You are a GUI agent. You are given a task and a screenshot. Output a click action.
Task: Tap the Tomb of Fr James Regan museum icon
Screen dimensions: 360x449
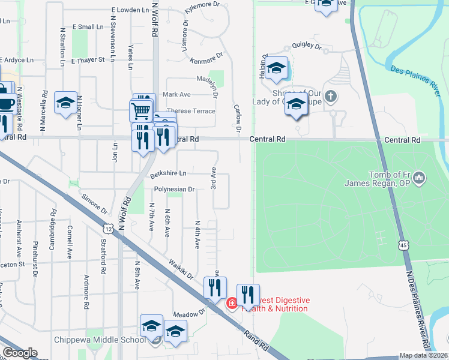[x=420, y=178]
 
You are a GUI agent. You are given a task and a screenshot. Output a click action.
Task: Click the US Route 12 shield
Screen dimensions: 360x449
[x=108, y=229]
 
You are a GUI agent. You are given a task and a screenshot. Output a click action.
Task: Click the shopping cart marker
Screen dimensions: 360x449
[x=140, y=110]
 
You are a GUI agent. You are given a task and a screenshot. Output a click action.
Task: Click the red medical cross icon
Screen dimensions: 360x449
[x=231, y=304]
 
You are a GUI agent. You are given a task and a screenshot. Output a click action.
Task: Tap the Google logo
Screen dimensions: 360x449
[x=20, y=352]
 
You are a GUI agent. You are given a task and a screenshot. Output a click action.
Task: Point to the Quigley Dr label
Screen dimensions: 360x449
[x=307, y=46]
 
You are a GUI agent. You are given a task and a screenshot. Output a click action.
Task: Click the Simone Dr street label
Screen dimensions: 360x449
[x=94, y=204]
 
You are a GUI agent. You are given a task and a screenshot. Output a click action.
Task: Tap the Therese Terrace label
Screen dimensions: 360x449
[x=191, y=111]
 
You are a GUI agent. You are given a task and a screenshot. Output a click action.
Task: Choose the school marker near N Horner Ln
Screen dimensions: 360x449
[x=66, y=103]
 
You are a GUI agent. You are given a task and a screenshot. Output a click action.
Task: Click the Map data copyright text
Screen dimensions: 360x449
[x=424, y=355]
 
